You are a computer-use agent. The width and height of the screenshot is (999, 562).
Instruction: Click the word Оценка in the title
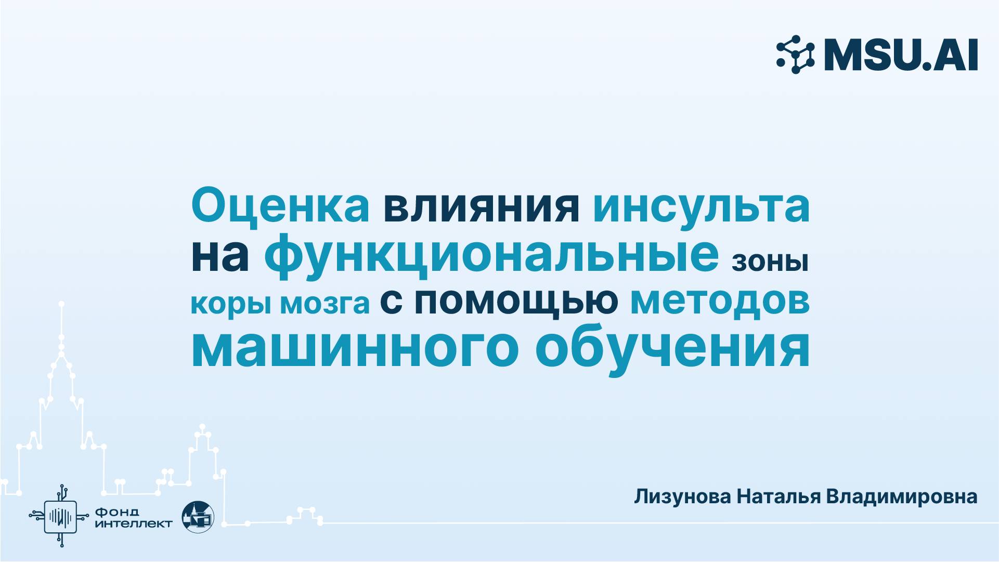(x=280, y=206)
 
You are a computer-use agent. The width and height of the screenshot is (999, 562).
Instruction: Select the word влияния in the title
(x=481, y=206)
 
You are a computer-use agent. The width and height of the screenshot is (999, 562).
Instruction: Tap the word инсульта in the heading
(x=701, y=206)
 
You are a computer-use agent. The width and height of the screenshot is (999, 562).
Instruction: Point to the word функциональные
(x=491, y=255)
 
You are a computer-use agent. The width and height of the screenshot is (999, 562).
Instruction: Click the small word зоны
(x=770, y=262)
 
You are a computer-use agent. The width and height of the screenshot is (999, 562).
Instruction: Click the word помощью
(x=516, y=302)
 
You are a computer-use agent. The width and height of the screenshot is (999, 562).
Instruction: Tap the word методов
(x=720, y=302)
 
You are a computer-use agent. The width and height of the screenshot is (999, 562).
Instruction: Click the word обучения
(x=672, y=349)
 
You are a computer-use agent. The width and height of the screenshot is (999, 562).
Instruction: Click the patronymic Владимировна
(x=901, y=497)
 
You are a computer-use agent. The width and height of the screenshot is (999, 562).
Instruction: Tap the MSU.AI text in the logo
(x=901, y=55)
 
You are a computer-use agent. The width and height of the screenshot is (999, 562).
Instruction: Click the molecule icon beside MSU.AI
(x=796, y=55)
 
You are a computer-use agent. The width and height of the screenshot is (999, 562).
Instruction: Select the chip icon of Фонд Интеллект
(x=61, y=516)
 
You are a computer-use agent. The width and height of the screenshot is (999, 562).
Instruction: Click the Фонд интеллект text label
(x=133, y=518)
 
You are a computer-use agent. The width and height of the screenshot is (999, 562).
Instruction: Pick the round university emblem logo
(x=198, y=517)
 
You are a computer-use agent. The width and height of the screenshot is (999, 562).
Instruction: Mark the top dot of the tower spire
(x=61, y=304)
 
